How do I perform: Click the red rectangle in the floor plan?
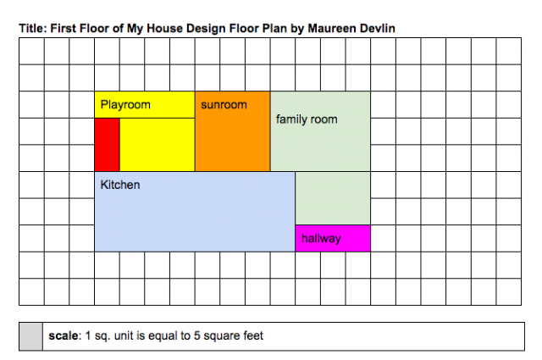click(108, 145)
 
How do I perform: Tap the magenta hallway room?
click(333, 238)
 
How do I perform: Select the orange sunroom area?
click(232, 131)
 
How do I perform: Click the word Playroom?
click(125, 105)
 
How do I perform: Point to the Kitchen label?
click(120, 185)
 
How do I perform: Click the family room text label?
click(307, 119)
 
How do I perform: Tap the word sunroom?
click(224, 105)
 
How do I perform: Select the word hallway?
click(321, 238)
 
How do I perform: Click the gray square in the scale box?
click(31, 336)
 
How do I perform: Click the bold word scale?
click(64, 335)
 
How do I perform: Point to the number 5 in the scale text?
click(196, 335)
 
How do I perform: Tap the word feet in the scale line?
click(253, 335)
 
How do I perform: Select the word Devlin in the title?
click(378, 28)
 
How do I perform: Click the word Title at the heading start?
click(32, 28)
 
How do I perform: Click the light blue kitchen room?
click(195, 212)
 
